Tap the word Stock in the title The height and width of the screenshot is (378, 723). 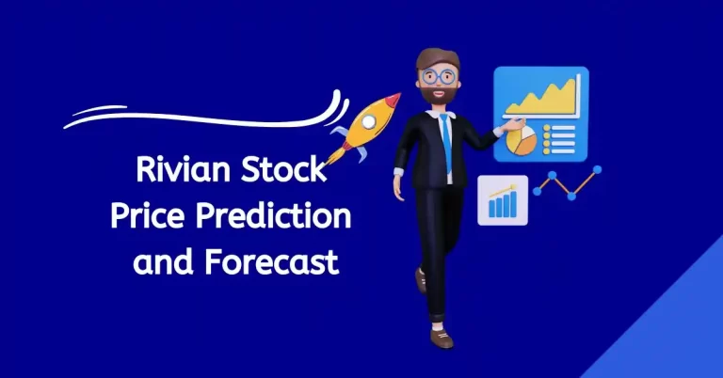point(284,174)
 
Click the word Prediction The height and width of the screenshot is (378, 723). point(283,218)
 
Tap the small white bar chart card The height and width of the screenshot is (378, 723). point(503,199)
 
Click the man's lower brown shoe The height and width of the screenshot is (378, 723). point(442,337)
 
